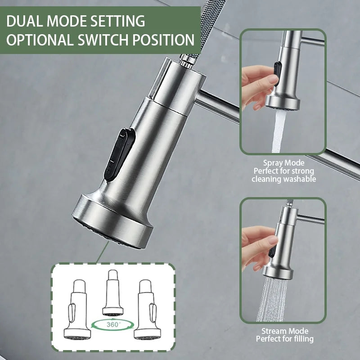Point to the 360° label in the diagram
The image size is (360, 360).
tap(113, 323)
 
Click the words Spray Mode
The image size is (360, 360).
tap(283, 162)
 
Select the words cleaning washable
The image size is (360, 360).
tap(283, 179)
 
